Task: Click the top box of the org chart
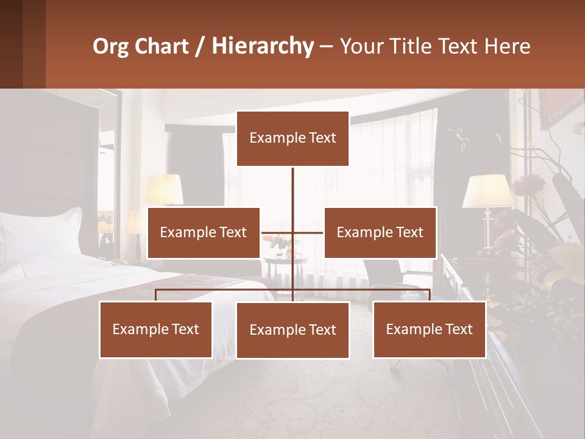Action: pos(292,138)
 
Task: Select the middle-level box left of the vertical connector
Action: pos(204,232)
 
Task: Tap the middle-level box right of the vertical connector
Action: pos(380,232)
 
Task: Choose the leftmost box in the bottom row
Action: pos(156,329)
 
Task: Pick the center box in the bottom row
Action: pos(292,330)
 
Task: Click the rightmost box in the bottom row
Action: pos(430,329)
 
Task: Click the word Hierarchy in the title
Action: pos(262,46)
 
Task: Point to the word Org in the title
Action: pos(111,46)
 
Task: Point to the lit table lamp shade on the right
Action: pos(487,191)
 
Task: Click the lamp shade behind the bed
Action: pos(166,190)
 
